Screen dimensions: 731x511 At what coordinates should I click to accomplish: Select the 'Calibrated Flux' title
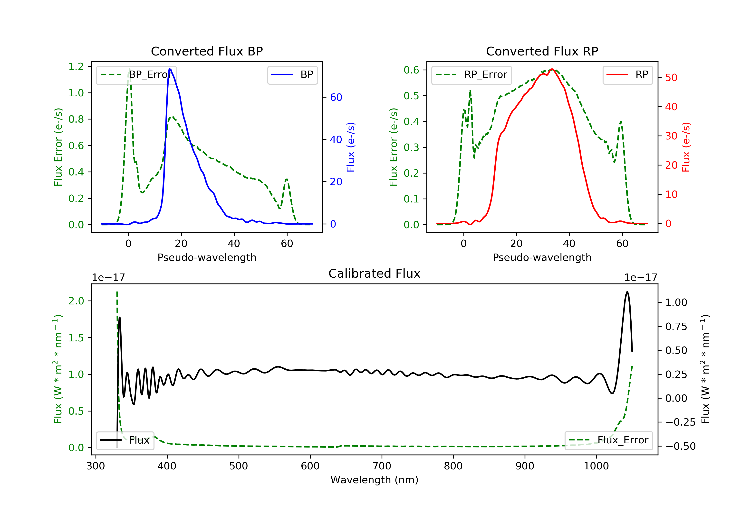pyautogui.click(x=375, y=274)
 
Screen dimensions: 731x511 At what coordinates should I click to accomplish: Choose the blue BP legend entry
pyautogui.click(x=292, y=75)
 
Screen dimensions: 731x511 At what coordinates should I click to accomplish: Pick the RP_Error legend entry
pyautogui.click(x=471, y=75)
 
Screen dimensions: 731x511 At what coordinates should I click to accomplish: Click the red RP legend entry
pyautogui.click(x=627, y=75)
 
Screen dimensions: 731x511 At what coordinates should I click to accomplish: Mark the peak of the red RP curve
pyautogui.click(x=552, y=69)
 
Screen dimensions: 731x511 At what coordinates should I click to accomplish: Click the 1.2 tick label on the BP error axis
pyautogui.click(x=76, y=67)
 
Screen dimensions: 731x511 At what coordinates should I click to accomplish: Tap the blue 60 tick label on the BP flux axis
pyautogui.click(x=336, y=97)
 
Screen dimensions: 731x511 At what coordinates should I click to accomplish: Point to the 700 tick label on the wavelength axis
pyautogui.click(x=382, y=466)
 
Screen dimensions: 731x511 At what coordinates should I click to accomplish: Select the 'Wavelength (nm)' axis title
pyautogui.click(x=375, y=480)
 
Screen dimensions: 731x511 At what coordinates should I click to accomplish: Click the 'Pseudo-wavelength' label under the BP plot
pyautogui.click(x=207, y=257)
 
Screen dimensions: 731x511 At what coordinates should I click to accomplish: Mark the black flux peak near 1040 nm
pyautogui.click(x=627, y=292)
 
